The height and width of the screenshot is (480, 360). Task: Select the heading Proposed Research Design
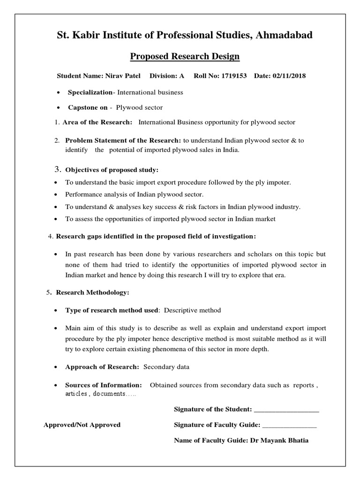[x=184, y=57]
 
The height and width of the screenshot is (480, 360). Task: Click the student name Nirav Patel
[x=124, y=76]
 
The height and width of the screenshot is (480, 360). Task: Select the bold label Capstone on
[x=88, y=107]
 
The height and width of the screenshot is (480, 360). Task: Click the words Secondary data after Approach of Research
[x=160, y=367]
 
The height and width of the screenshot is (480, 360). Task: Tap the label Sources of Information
[x=103, y=385]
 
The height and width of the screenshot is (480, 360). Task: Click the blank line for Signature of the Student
[x=286, y=410]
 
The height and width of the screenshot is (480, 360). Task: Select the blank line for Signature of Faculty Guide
[x=289, y=425]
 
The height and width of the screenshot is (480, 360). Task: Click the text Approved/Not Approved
[x=82, y=425]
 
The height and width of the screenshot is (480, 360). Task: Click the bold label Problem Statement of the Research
[x=123, y=140]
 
